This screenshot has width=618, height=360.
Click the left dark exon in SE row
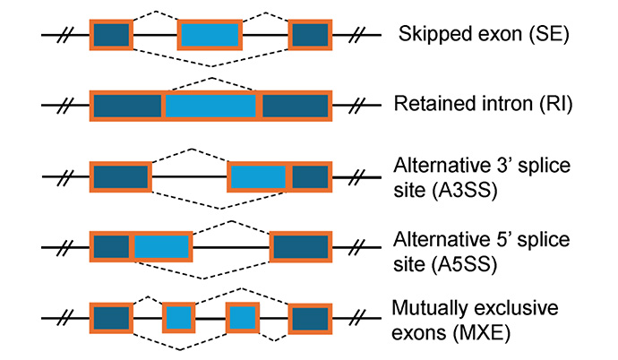pos(111,35)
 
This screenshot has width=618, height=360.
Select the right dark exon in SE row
pos(310,35)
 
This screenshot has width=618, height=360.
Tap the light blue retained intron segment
pos(211,106)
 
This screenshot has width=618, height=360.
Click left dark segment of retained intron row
pos(128,106)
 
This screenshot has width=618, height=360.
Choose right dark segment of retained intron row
pos(295,106)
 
